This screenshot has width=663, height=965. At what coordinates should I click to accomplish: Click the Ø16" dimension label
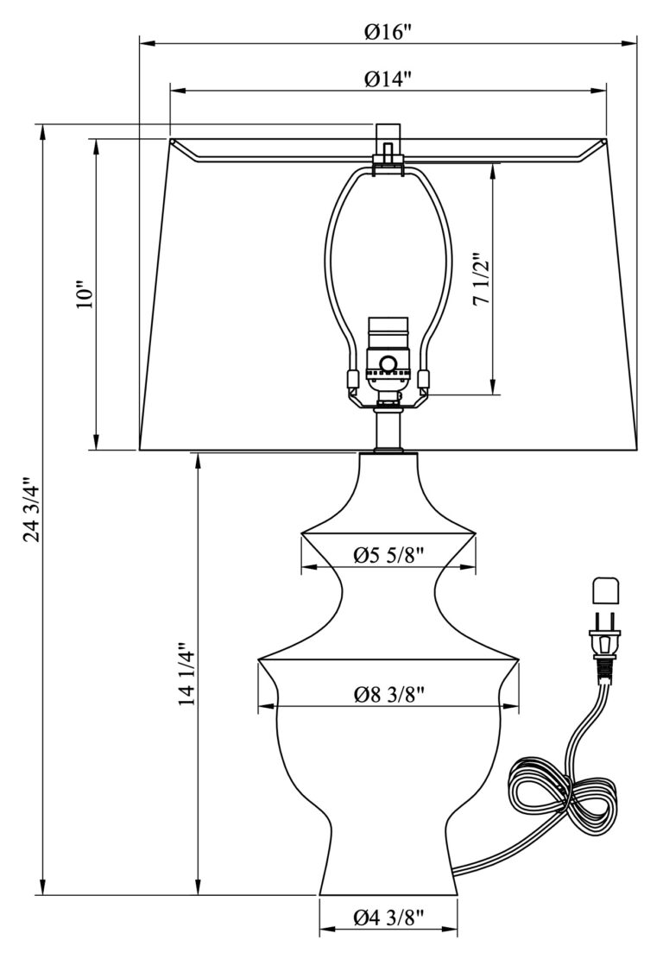click(x=388, y=32)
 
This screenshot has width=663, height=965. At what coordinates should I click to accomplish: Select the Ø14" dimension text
click(x=388, y=79)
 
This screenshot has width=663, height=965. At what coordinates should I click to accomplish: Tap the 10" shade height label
click(x=84, y=294)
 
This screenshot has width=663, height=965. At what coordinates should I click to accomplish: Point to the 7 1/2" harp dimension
click(x=482, y=279)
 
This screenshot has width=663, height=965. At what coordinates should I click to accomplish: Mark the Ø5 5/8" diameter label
click(x=388, y=557)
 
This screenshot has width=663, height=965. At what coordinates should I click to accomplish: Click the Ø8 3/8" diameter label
click(x=388, y=695)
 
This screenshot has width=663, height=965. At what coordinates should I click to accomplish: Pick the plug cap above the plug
click(x=605, y=591)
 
